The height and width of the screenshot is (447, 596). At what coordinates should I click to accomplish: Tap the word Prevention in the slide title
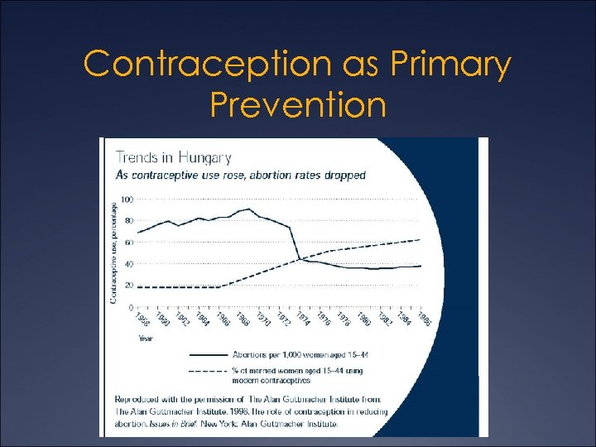pyautogui.click(x=297, y=105)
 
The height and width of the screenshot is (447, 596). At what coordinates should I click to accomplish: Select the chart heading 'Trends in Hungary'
pyautogui.click(x=173, y=157)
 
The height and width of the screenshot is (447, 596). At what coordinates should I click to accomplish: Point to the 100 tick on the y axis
pyautogui.click(x=126, y=199)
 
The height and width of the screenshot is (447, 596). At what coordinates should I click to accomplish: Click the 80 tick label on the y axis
pyautogui.click(x=127, y=221)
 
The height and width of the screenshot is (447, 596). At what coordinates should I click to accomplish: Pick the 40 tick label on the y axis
pyautogui.click(x=127, y=264)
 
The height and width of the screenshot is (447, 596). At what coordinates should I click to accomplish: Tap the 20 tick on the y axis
pyautogui.click(x=127, y=286)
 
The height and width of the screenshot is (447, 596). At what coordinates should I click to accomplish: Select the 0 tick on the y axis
pyautogui.click(x=130, y=307)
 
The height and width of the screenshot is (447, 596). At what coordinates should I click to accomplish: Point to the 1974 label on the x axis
pyautogui.click(x=304, y=320)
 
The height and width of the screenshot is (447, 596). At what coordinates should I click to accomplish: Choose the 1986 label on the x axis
pyautogui.click(x=423, y=320)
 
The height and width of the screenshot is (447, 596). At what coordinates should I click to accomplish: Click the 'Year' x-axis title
pyautogui.click(x=145, y=338)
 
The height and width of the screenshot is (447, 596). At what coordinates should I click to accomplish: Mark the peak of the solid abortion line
pyautogui.click(x=248, y=209)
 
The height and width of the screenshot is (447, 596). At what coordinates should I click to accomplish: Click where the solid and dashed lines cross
pyautogui.click(x=299, y=259)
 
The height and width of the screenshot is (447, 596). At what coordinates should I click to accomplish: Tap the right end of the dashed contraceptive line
pyautogui.click(x=421, y=239)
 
